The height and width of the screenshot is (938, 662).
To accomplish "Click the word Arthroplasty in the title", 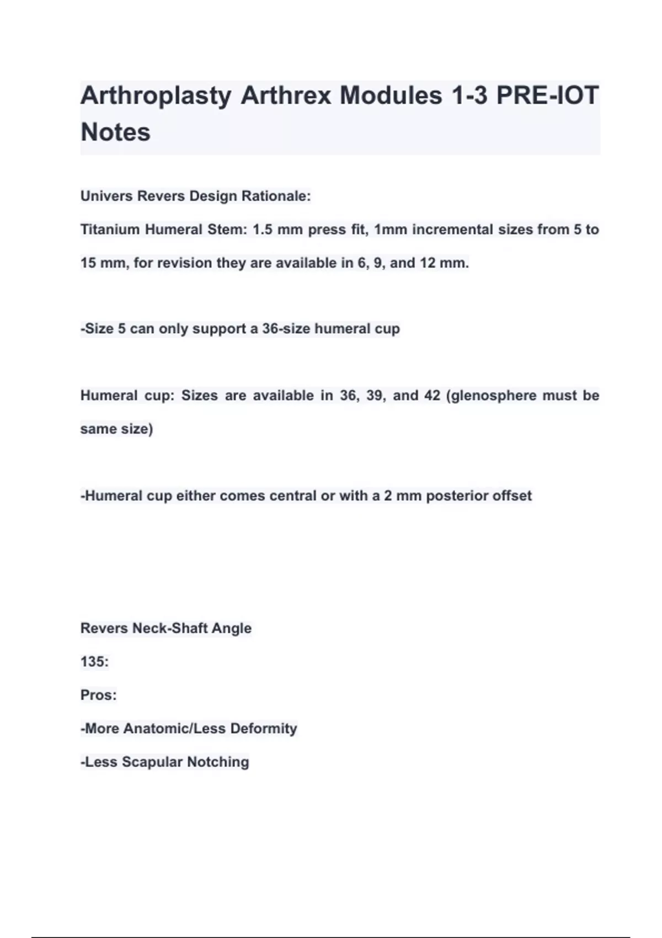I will (156, 96).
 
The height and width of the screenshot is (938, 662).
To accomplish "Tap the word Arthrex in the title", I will (286, 96).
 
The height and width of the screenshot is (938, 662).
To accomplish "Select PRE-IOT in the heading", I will (547, 95).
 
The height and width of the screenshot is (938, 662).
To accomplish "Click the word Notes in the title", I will (115, 132).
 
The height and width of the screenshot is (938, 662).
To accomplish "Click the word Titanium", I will (110, 230).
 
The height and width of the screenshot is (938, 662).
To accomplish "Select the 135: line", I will (94, 662).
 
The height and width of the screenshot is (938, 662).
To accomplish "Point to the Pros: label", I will (98, 695).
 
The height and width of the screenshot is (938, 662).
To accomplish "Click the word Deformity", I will (263, 728).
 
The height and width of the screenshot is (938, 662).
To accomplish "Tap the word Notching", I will (218, 762).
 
